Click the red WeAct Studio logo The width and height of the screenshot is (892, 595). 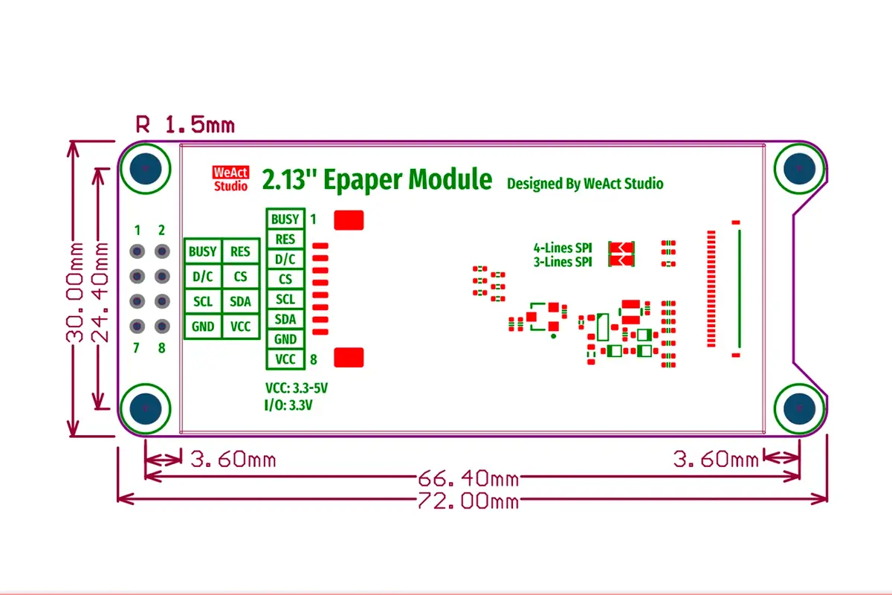pyautogui.click(x=230, y=179)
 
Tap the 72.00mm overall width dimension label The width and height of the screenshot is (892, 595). pyautogui.click(x=468, y=501)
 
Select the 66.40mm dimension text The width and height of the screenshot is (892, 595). pyautogui.click(x=468, y=478)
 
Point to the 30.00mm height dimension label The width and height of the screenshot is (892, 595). pyautogui.click(x=74, y=292)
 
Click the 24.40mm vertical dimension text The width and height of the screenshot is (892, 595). pyautogui.click(x=99, y=292)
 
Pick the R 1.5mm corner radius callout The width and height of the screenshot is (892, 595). pyautogui.click(x=185, y=124)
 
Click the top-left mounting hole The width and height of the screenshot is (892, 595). pyautogui.click(x=146, y=169)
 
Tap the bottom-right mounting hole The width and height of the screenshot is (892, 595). pyautogui.click(x=799, y=408)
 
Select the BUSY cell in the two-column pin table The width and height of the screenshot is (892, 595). pyautogui.click(x=203, y=251)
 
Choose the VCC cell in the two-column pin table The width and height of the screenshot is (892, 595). pyautogui.click(x=241, y=327)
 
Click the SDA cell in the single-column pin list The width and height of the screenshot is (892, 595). pyautogui.click(x=285, y=319)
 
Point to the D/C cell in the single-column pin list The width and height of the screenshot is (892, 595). pyautogui.click(x=285, y=260)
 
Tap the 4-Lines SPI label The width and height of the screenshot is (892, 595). pyautogui.click(x=563, y=248)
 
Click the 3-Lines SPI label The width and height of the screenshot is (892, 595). pyautogui.click(x=563, y=262)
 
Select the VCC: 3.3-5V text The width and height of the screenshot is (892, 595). pyautogui.click(x=297, y=387)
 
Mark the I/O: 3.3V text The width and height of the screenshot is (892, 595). pyautogui.click(x=288, y=405)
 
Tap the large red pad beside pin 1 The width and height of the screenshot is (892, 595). pyautogui.click(x=349, y=220)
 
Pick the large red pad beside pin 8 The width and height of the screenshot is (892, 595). pyautogui.click(x=349, y=357)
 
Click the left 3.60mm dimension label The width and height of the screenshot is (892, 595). pyautogui.click(x=233, y=459)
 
